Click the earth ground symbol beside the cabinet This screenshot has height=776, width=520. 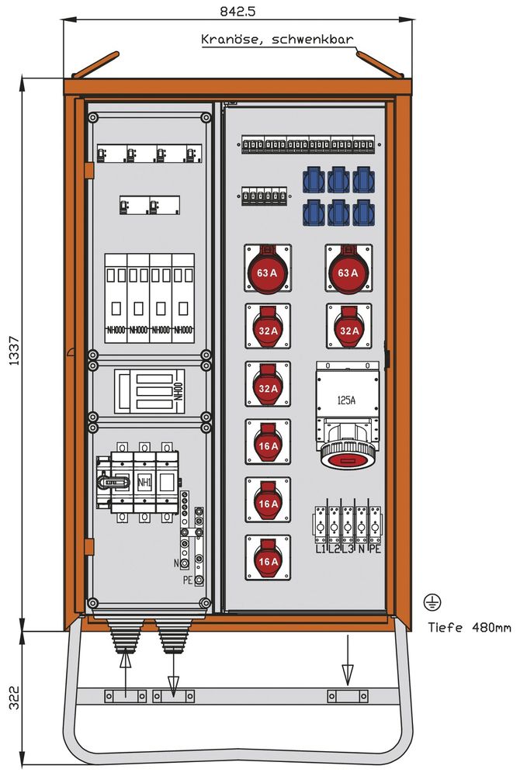pyautogui.click(x=430, y=601)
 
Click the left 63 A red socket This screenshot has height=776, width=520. pyautogui.click(x=268, y=270)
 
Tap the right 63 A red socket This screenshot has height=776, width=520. pyautogui.click(x=348, y=270)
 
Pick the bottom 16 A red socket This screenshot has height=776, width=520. pyautogui.click(x=268, y=557)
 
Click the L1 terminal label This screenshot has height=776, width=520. pyautogui.click(x=320, y=549)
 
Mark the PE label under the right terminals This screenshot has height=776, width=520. pyautogui.click(x=375, y=549)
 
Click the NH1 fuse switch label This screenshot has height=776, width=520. pyautogui.click(x=144, y=483)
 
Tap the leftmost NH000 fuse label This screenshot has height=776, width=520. pyautogui.click(x=116, y=329)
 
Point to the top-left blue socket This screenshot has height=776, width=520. pyautogui.click(x=314, y=179)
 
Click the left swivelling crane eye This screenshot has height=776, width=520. pyautogui.click(x=94, y=65)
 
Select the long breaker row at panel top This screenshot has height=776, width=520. pyautogui.click(x=309, y=146)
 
